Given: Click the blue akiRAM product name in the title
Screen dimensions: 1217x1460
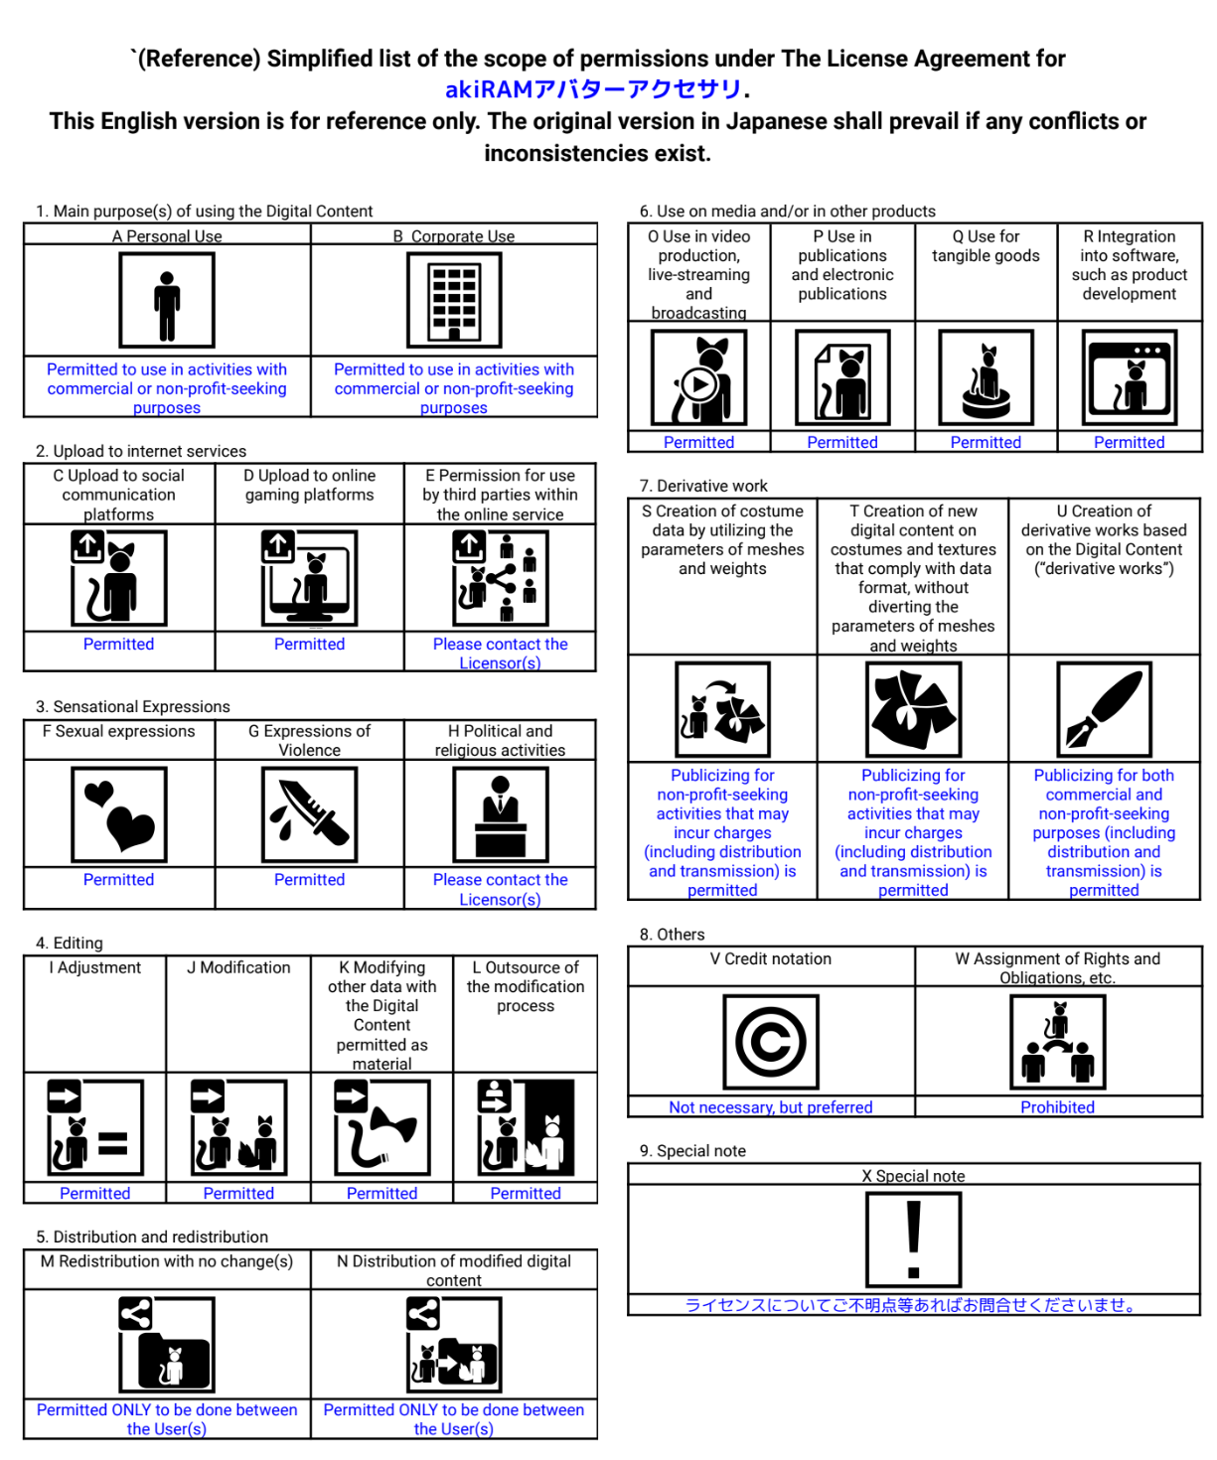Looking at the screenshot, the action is click(592, 89).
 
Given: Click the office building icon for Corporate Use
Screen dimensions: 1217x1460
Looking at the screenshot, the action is click(454, 300).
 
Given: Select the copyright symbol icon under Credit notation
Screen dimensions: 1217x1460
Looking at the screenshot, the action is click(770, 1041).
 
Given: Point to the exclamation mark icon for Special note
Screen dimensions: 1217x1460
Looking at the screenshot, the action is click(913, 1240).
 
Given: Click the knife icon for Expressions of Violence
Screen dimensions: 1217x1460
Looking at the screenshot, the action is click(309, 813).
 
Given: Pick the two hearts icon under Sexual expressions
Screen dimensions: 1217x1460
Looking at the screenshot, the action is click(119, 813).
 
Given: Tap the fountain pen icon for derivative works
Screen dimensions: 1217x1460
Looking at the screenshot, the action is click(1103, 709).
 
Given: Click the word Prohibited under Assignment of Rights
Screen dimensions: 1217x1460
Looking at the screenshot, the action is click(1057, 1106).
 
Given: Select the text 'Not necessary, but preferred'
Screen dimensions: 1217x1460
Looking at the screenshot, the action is click(770, 1106).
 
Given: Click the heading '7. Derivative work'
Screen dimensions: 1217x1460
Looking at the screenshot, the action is click(703, 486).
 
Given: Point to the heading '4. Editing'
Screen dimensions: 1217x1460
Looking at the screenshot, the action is click(70, 943).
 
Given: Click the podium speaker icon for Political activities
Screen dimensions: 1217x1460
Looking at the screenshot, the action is click(500, 813).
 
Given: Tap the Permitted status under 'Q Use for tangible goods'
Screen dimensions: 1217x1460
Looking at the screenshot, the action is click(985, 442).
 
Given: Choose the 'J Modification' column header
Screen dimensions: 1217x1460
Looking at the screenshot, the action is click(238, 967).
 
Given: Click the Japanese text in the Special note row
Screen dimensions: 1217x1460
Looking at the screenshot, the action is click(913, 1305).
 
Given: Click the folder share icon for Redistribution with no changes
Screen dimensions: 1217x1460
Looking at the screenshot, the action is click(167, 1344).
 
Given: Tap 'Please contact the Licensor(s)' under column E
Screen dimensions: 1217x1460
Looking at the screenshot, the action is click(500, 654).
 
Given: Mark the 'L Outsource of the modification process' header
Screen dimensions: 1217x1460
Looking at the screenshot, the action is click(526, 986).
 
